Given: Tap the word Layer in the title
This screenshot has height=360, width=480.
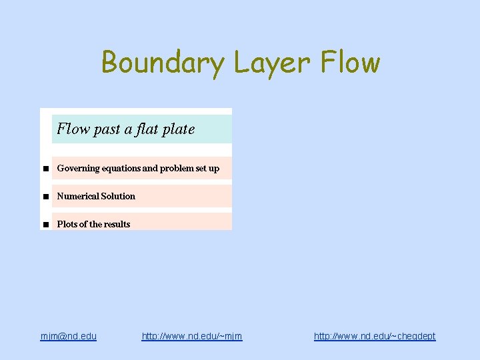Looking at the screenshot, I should (x=272, y=63).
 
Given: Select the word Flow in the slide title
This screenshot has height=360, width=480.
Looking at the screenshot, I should (x=350, y=63).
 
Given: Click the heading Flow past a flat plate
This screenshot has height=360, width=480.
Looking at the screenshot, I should (x=126, y=129).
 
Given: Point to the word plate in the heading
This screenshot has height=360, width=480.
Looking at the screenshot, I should (x=178, y=129).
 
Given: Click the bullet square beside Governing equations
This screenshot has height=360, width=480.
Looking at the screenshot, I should (x=45, y=169).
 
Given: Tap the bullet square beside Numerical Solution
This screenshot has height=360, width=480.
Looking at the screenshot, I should (x=45, y=197).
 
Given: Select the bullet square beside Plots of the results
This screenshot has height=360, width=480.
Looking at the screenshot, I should (x=45, y=225).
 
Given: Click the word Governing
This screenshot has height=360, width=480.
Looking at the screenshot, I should (x=77, y=169).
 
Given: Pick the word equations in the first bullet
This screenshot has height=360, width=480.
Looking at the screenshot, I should (x=120, y=169).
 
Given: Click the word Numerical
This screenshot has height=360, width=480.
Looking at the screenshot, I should (x=77, y=197).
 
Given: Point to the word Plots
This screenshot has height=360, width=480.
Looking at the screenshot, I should (x=67, y=225).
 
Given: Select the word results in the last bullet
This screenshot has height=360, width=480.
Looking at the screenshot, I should (x=116, y=225).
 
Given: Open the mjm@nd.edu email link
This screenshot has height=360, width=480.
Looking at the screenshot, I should (x=68, y=336).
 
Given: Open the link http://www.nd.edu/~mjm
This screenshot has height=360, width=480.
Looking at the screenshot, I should (x=192, y=336).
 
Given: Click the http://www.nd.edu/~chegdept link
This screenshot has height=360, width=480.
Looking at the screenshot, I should (x=375, y=336).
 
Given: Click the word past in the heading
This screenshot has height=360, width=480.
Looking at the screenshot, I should (x=107, y=129).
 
